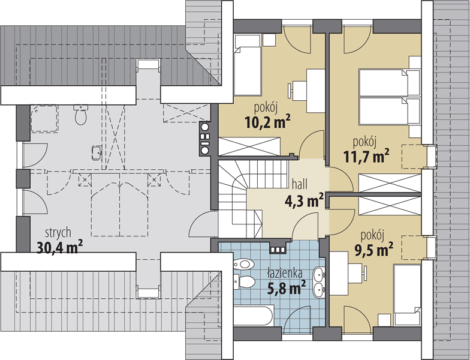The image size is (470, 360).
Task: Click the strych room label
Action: click(x=58, y=233)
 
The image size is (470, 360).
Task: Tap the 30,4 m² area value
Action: click(x=60, y=247)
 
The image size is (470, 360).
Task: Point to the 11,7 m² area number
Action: click(x=366, y=156)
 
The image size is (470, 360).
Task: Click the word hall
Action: click(x=300, y=184)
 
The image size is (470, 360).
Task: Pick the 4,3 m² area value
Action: click(x=305, y=200)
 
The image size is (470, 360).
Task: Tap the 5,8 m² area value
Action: click(x=286, y=288)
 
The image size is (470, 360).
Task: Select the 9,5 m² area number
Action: click(x=374, y=249)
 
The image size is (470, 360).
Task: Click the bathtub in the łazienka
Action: click(x=254, y=316)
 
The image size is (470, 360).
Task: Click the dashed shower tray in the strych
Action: click(x=44, y=119)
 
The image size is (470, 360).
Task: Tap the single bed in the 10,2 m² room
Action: click(x=247, y=65)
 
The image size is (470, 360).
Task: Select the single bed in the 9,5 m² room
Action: click(x=408, y=295)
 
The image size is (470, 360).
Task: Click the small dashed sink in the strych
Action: click(x=97, y=152)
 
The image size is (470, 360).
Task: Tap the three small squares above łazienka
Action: click(x=278, y=250)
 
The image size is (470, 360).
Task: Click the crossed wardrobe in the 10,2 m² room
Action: click(x=249, y=146)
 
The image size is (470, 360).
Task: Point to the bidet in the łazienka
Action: click(x=244, y=264)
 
